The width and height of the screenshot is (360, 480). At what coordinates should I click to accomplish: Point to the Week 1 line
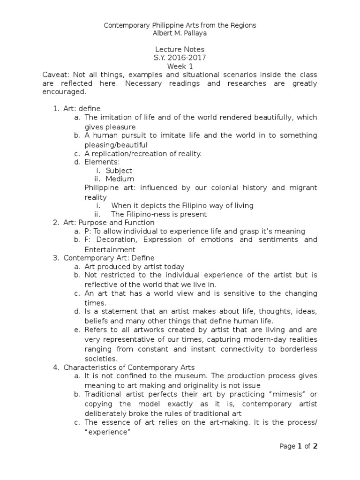tap(180, 66)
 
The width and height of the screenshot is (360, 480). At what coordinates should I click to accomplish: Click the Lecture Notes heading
tap(180, 49)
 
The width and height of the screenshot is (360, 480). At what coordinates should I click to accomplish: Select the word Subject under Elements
tap(119, 171)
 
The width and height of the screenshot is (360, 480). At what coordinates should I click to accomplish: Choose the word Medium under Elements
tap(120, 179)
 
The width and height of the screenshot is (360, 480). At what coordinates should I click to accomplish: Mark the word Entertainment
tap(110, 249)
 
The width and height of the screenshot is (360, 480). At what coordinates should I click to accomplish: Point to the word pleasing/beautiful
tap(116, 144)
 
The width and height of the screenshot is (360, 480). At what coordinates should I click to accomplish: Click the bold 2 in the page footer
tap(315, 446)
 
